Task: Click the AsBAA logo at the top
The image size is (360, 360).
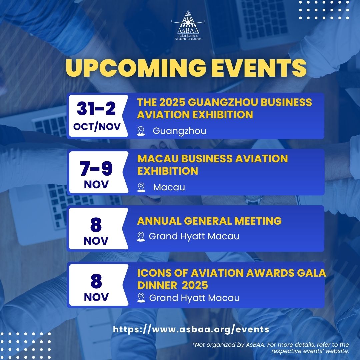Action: [x=188, y=25]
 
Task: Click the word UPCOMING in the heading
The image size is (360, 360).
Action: [x=136, y=68]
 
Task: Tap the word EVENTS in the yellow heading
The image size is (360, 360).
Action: [x=259, y=68]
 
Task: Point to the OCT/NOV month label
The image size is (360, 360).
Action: [x=97, y=127]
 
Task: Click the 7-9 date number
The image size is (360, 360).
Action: [x=96, y=169]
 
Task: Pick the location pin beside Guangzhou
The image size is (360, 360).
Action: [x=141, y=131]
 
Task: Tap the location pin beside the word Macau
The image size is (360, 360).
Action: [x=141, y=187]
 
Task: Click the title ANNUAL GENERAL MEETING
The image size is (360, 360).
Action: [x=209, y=221]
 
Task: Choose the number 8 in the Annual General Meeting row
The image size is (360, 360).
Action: [x=96, y=225]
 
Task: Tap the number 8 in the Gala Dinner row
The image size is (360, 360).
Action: [x=96, y=281]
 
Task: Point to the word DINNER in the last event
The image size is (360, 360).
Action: [x=157, y=285]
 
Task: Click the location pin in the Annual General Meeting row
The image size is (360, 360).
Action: [x=141, y=236]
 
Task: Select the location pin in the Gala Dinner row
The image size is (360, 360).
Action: [x=141, y=298]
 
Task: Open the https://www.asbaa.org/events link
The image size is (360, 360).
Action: [x=191, y=329]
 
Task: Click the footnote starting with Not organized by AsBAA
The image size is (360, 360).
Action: [x=271, y=348]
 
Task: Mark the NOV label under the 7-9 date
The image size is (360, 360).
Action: [x=96, y=184]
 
